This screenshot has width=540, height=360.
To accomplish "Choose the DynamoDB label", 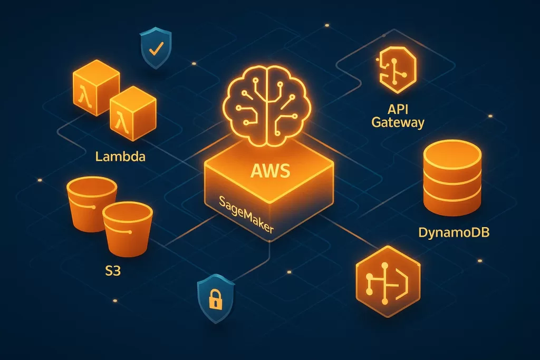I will (454, 232).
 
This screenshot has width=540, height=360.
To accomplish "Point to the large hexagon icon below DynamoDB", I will (391, 280).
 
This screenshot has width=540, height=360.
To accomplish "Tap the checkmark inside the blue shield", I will (155, 50).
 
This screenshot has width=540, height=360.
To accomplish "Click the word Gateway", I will (398, 124).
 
